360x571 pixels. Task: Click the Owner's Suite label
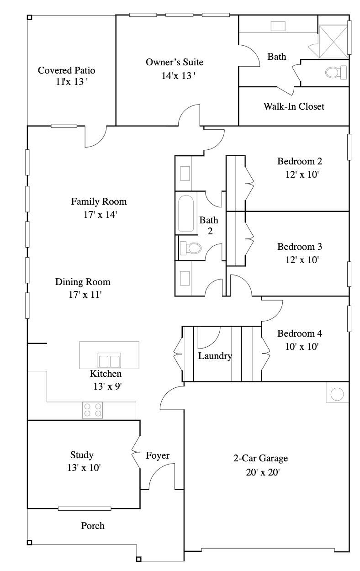(x=175, y=62)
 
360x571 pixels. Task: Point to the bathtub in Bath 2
(x=186, y=214)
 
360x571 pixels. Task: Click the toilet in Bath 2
(x=191, y=248)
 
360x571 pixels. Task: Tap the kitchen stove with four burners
(x=93, y=410)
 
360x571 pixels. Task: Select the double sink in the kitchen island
(x=109, y=361)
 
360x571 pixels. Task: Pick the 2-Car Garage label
(x=261, y=458)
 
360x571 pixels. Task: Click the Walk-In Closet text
(x=294, y=106)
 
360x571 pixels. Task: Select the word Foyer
(x=158, y=455)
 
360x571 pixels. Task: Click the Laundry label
(x=215, y=356)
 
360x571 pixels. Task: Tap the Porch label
(x=93, y=526)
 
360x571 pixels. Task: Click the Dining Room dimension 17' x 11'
(x=85, y=295)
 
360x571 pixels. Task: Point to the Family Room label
(x=99, y=201)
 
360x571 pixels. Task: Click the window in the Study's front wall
(x=85, y=508)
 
